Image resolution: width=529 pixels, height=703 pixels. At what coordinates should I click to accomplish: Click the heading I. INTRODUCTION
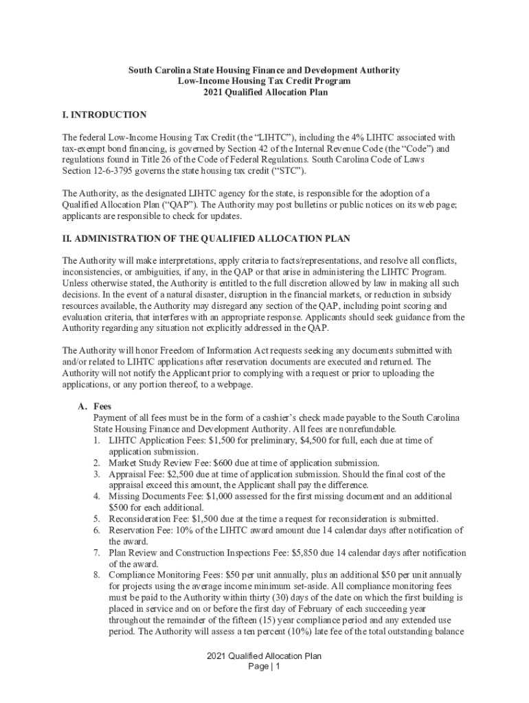click(x=104, y=115)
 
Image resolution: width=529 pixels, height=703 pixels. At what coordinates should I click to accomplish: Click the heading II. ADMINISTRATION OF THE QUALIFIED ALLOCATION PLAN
click(x=206, y=238)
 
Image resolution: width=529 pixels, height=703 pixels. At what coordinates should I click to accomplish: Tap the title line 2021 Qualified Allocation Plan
click(x=264, y=92)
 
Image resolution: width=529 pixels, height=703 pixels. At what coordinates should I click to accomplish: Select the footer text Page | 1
click(x=264, y=666)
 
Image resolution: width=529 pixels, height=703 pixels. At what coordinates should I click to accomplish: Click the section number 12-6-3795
click(x=113, y=170)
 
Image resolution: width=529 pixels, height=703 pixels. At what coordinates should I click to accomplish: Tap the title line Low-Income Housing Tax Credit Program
click(x=264, y=81)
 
